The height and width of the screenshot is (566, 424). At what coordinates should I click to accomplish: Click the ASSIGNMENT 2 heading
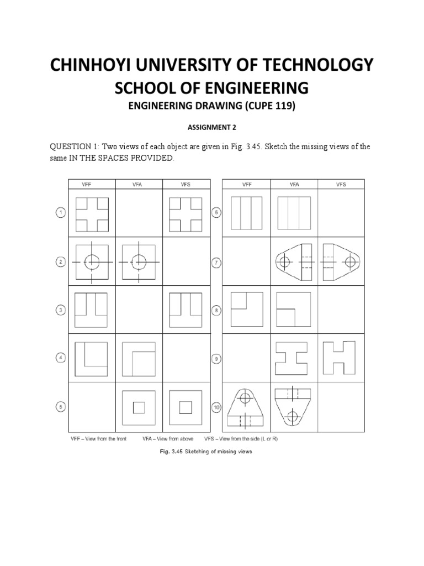tap(211, 127)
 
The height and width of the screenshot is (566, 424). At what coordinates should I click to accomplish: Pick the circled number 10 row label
tap(218, 407)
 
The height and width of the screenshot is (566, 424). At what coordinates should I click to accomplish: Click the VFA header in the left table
tap(139, 184)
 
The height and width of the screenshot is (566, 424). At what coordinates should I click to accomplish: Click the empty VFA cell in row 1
tap(139, 213)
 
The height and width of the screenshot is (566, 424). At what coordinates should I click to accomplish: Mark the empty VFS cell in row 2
tap(186, 261)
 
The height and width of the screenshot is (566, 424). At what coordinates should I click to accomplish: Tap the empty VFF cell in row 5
tap(92, 407)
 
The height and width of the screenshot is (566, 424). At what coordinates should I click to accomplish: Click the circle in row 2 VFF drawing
tap(92, 261)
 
